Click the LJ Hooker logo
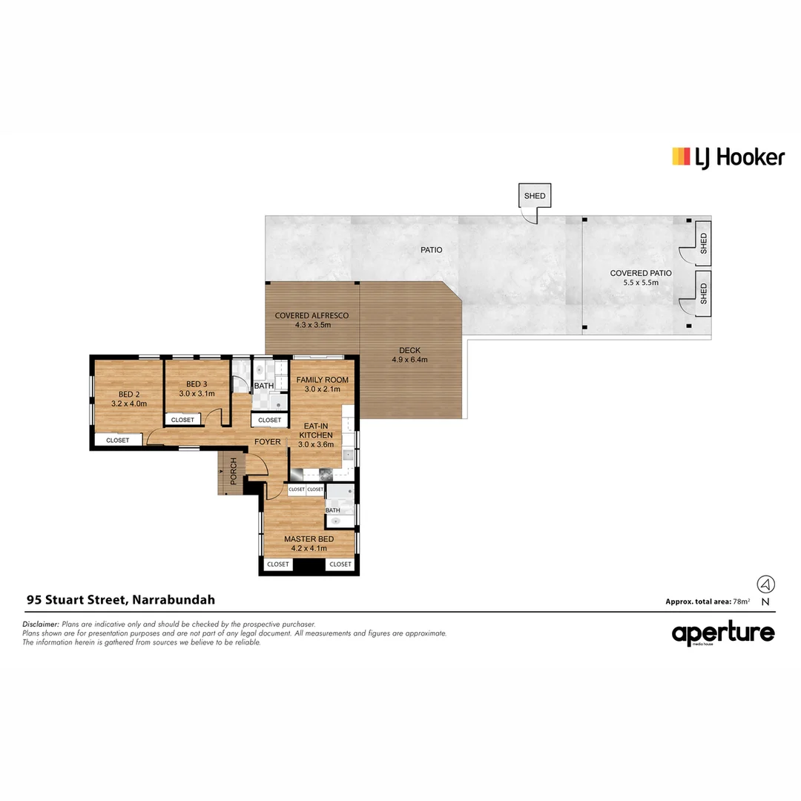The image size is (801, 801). tap(728, 156)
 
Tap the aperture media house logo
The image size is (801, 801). tap(723, 634)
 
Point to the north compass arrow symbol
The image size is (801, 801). tap(765, 584)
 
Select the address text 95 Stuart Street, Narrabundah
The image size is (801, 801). tap(121, 600)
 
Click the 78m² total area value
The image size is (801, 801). tap(741, 601)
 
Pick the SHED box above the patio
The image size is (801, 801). tap(535, 196)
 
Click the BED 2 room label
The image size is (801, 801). tap(128, 399)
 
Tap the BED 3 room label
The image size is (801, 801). tap(197, 389)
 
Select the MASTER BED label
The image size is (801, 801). tap(309, 544)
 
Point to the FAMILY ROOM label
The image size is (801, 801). tap(323, 384)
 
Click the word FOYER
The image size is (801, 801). tap(268, 442)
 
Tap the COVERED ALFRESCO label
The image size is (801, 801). tap(311, 320)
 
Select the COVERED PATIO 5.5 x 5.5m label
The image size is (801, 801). tap(641, 277)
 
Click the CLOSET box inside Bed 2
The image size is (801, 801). tap(117, 440)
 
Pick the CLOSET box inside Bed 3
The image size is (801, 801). tap(182, 420)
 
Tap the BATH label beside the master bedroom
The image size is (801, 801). tap(333, 510)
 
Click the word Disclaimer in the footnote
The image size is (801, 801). tap(41, 624)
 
